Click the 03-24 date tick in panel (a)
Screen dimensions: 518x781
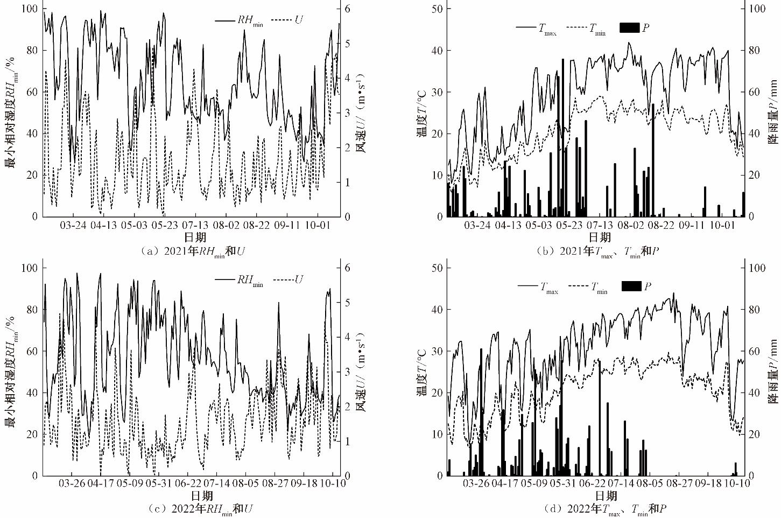(x=73, y=225)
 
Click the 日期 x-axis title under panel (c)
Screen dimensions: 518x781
(x=202, y=495)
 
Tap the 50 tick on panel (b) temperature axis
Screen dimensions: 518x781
(x=438, y=9)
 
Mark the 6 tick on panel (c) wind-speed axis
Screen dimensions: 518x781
(x=348, y=268)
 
